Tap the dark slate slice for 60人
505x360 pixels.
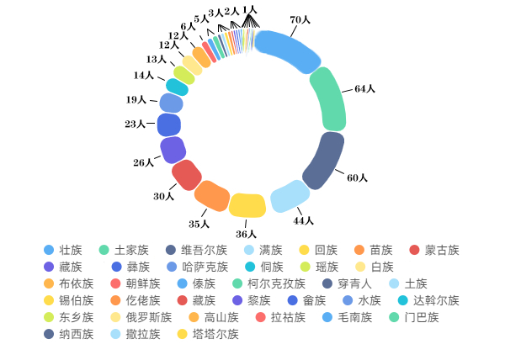pyautogui.click(x=324, y=161)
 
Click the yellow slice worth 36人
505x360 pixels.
pyautogui.click(x=247, y=204)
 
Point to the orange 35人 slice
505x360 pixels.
pyautogui.click(x=212, y=195)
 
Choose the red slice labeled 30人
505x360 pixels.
pyautogui.click(x=187, y=175)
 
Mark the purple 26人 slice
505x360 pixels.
pyautogui.click(x=173, y=150)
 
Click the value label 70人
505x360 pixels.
pyautogui.click(x=300, y=19)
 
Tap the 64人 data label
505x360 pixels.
pyautogui.click(x=364, y=88)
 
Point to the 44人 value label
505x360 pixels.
pyautogui.click(x=303, y=220)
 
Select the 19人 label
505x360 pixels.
pyautogui.click(x=136, y=100)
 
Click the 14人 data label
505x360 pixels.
pyautogui.click(x=143, y=76)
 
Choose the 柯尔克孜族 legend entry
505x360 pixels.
pyautogui.click(x=276, y=283)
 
